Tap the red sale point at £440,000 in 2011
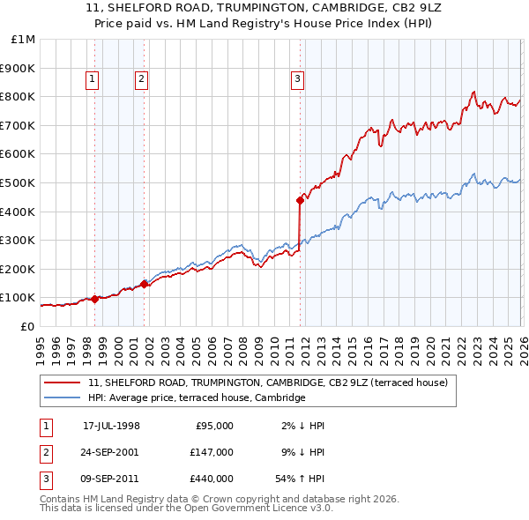(301, 200)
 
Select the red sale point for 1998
(94, 299)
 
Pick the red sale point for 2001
(144, 284)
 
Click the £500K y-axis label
(18, 183)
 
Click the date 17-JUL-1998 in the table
(111, 426)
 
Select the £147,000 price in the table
(212, 452)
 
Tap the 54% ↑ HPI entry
(301, 479)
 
